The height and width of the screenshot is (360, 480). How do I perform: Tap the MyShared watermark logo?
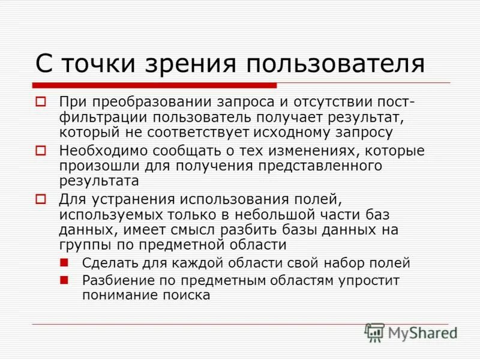(x=412, y=332)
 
